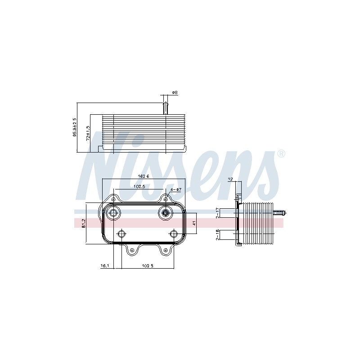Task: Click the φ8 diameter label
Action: (x=175, y=93)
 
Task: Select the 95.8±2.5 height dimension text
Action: (x=74, y=127)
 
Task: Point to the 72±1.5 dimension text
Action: (x=88, y=133)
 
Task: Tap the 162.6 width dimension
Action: (x=143, y=176)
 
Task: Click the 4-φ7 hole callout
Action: (x=176, y=189)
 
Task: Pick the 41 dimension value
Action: (x=194, y=223)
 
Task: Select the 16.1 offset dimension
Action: (x=104, y=266)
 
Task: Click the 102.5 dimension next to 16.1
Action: (x=148, y=266)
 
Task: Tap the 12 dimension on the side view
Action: (x=231, y=179)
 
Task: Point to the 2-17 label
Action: (x=218, y=213)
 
